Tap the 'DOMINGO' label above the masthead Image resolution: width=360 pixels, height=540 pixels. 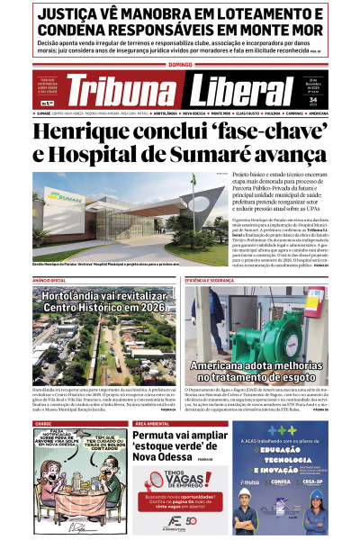[180, 65]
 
